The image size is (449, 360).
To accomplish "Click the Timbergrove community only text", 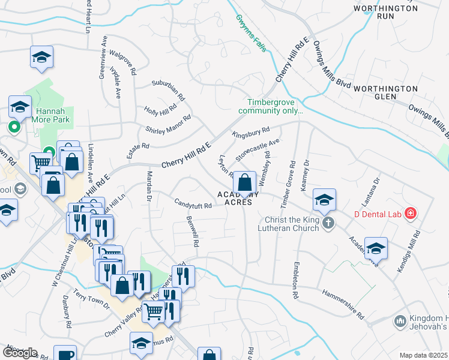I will click(271, 107).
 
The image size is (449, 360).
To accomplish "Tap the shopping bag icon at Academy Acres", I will click(244, 182).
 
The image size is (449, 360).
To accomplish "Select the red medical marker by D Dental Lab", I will click(411, 213).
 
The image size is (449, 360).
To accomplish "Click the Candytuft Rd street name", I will click(193, 205).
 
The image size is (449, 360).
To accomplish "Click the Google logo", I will click(20, 353).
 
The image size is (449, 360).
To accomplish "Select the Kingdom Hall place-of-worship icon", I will click(400, 322).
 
